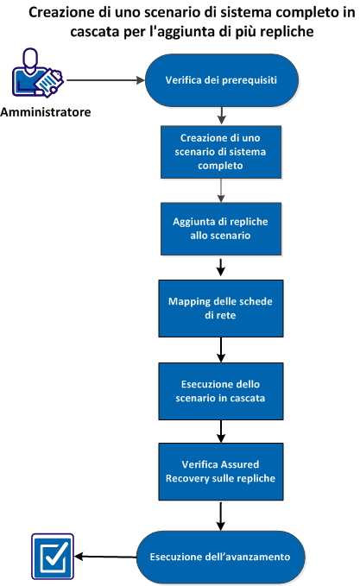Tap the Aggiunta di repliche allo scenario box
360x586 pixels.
223,229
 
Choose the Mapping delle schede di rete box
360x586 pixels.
223,306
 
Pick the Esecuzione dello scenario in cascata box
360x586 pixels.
223,391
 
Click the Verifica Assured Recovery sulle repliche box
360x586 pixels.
223,471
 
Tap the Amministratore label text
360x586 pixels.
46,113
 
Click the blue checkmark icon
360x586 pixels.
50,556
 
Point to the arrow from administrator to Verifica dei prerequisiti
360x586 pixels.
104,82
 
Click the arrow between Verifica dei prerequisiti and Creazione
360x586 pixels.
224,115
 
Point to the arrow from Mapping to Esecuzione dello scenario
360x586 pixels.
223,349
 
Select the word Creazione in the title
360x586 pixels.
69,13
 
